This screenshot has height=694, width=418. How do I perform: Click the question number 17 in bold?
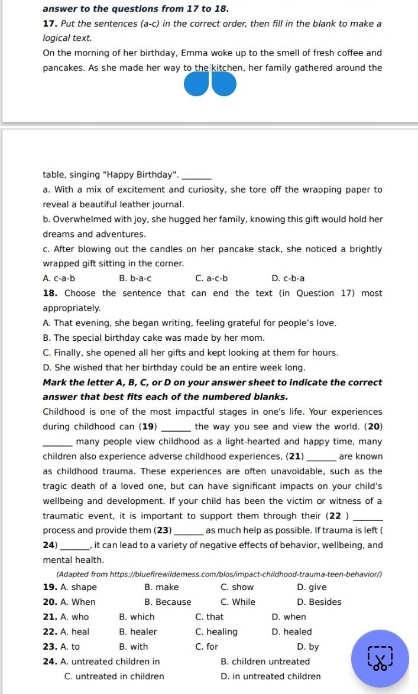[x=50, y=24]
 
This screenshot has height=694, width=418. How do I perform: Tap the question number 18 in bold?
[x=50, y=294]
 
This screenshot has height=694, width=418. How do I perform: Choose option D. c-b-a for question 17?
[x=288, y=278]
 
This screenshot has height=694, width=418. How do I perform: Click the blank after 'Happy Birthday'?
[x=197, y=175]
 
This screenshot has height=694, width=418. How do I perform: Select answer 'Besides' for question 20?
[x=319, y=602]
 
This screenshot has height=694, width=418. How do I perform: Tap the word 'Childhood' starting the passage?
[x=64, y=412]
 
